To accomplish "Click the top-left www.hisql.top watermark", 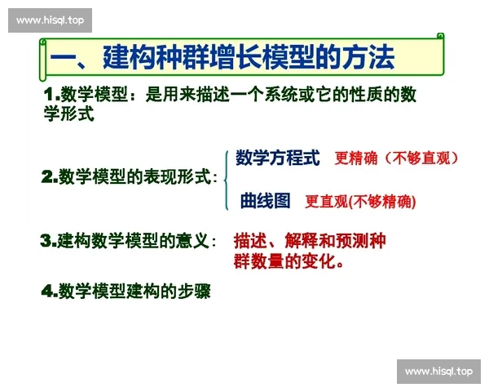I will (51, 20).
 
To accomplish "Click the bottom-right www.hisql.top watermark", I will (438, 372).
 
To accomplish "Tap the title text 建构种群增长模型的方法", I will (249, 58).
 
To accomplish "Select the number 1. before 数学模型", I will (51, 95).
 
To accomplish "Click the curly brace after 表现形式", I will (224, 178).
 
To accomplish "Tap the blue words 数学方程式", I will (278, 158).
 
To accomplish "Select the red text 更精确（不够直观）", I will (398, 158).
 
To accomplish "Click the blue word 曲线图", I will (265, 200).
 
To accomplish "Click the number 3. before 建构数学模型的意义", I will (48, 241).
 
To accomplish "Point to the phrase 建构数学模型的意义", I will (133, 241).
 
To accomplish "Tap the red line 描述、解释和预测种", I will (310, 242).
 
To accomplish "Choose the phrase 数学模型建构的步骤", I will (134, 291).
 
